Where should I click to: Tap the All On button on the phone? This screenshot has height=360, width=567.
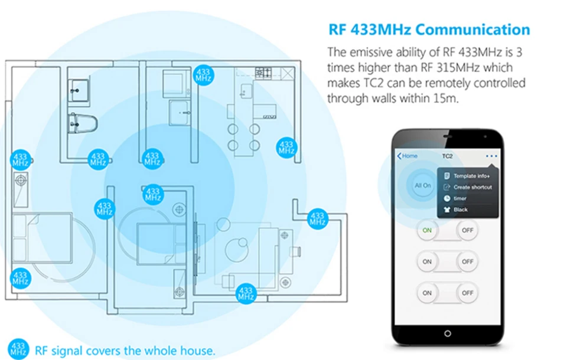pyautogui.click(x=422, y=185)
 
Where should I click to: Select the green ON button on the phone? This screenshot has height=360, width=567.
pyautogui.click(x=427, y=230)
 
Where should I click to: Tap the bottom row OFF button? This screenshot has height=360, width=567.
pyautogui.click(x=467, y=293)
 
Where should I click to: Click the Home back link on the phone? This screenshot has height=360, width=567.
pyautogui.click(x=407, y=156)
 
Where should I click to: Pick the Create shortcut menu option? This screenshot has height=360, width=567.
pyautogui.click(x=468, y=187)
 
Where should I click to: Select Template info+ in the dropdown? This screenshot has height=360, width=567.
pyautogui.click(x=467, y=176)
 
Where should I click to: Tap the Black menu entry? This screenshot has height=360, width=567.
pyautogui.click(x=456, y=210)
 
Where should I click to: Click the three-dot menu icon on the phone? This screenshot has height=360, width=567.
pyautogui.click(x=491, y=156)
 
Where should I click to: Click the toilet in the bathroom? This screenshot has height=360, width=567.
pyautogui.click(x=83, y=123)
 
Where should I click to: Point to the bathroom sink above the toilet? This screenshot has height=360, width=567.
pyautogui.click(x=78, y=90)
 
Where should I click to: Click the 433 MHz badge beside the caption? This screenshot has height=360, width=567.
pyautogui.click(x=18, y=349)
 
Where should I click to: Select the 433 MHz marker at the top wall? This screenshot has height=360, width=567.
pyautogui.click(x=203, y=75)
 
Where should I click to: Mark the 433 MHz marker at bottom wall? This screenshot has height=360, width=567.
pyautogui.click(x=246, y=293)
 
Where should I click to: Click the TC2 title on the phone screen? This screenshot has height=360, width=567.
pyautogui.click(x=447, y=156)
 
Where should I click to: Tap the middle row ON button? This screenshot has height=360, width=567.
pyautogui.click(x=427, y=261)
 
